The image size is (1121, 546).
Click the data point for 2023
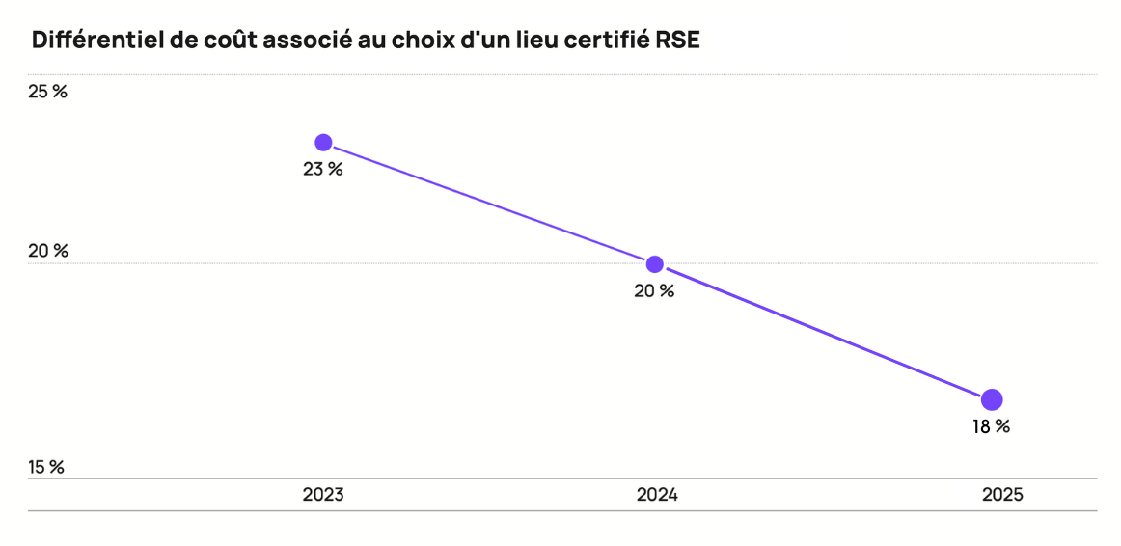[x=324, y=143]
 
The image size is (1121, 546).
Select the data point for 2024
[x=655, y=264]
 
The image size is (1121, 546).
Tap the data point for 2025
[x=992, y=399]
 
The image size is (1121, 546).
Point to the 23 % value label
[x=323, y=170]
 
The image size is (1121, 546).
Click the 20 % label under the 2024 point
[x=654, y=291]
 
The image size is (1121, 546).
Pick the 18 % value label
[x=990, y=426]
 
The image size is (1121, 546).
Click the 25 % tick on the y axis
[x=47, y=93]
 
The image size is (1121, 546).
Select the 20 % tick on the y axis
[x=48, y=252]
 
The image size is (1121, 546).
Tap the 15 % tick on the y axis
[x=46, y=468]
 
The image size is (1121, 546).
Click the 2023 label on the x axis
[x=323, y=495]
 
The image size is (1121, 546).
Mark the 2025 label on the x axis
[x=1002, y=495]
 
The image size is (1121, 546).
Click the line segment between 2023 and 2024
[x=489, y=204]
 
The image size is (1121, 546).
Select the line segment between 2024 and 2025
[x=823, y=332]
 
